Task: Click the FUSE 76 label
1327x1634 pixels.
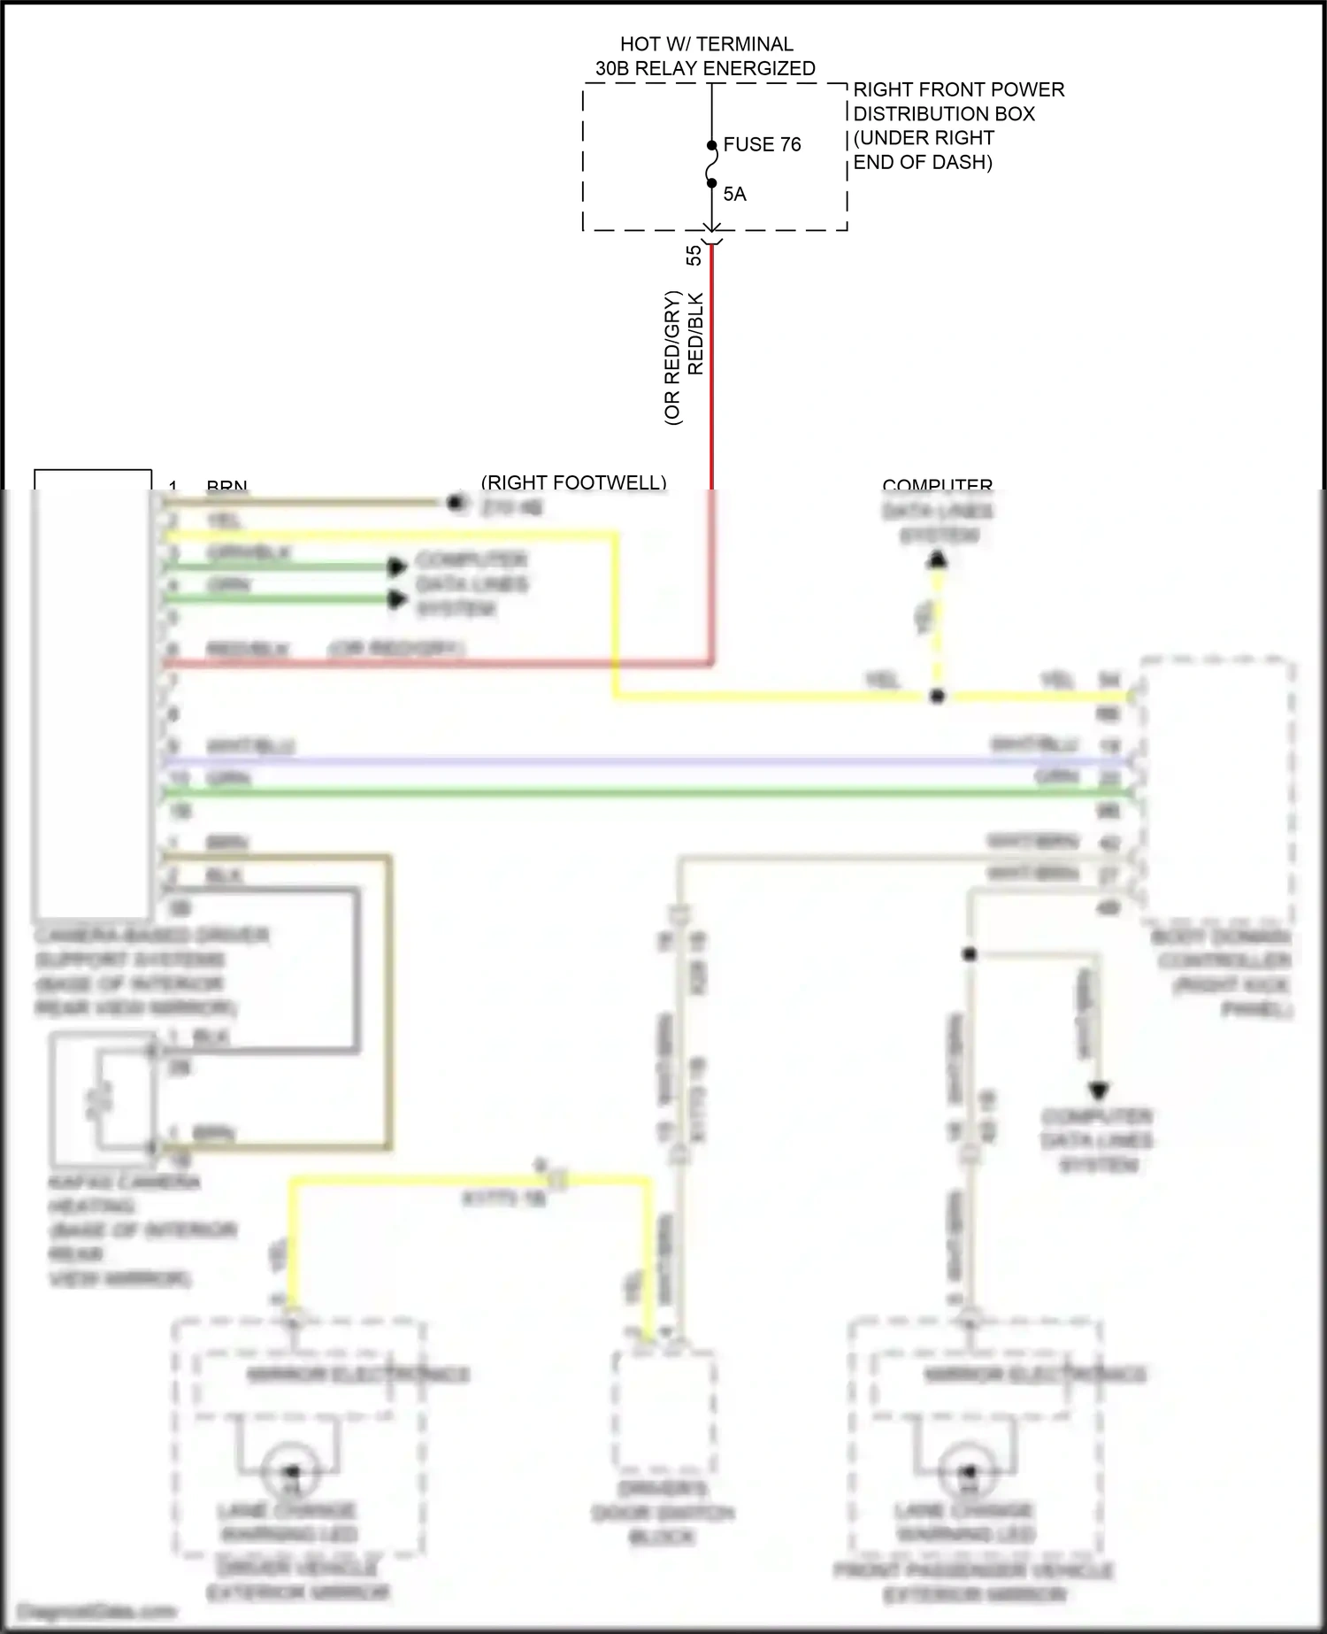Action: coord(762,144)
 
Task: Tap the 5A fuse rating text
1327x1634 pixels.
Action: coord(734,194)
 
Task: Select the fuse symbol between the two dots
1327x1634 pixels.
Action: coord(711,165)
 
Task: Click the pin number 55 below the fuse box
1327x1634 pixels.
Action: coord(694,255)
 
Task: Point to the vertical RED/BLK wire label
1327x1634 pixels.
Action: coord(696,335)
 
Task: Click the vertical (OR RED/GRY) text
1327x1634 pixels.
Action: coord(673,358)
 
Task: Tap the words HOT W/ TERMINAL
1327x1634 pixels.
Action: coord(706,44)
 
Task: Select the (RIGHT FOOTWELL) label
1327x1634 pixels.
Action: coord(573,482)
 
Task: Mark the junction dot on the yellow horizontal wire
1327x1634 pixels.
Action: coord(938,697)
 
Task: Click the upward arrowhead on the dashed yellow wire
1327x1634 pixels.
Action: coord(938,559)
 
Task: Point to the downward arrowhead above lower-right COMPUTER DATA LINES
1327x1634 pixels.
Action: coord(1098,1091)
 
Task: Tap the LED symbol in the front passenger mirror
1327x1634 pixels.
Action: coord(968,1472)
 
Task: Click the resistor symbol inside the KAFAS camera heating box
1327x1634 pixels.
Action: coord(100,1098)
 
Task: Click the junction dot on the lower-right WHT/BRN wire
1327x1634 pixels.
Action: coord(970,954)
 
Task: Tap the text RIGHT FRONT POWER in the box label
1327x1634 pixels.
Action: coord(958,90)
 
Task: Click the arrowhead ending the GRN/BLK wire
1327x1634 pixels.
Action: coord(398,567)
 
